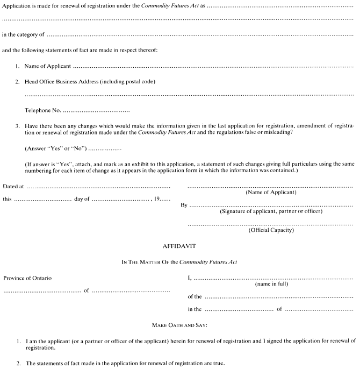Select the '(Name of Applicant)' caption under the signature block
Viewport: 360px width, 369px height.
(x=270, y=192)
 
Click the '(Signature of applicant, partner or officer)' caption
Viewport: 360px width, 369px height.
(x=271, y=211)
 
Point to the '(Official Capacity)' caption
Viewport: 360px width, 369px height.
(x=270, y=230)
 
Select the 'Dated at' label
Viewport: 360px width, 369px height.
(x=14, y=187)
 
